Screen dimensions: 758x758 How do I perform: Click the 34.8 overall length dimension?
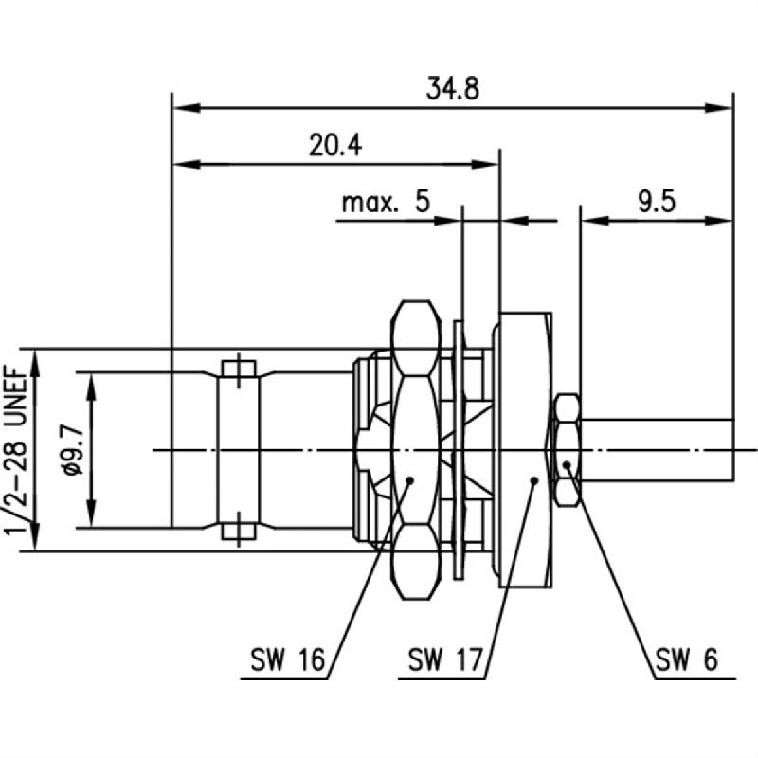point(452,88)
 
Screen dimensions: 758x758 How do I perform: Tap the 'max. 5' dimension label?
point(385,202)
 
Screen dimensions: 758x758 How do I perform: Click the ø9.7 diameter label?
point(67,450)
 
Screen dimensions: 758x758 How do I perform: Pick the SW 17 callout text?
point(445,658)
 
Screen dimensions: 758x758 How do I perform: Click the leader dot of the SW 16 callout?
point(409,479)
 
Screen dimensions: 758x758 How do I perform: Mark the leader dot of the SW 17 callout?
point(534,480)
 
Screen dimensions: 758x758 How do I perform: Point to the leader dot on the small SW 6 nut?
point(567,463)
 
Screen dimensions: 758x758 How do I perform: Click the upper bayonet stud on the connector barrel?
point(238,368)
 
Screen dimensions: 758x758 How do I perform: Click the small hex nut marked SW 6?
point(566,449)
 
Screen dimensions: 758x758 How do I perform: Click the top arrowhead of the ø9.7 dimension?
point(92,379)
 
